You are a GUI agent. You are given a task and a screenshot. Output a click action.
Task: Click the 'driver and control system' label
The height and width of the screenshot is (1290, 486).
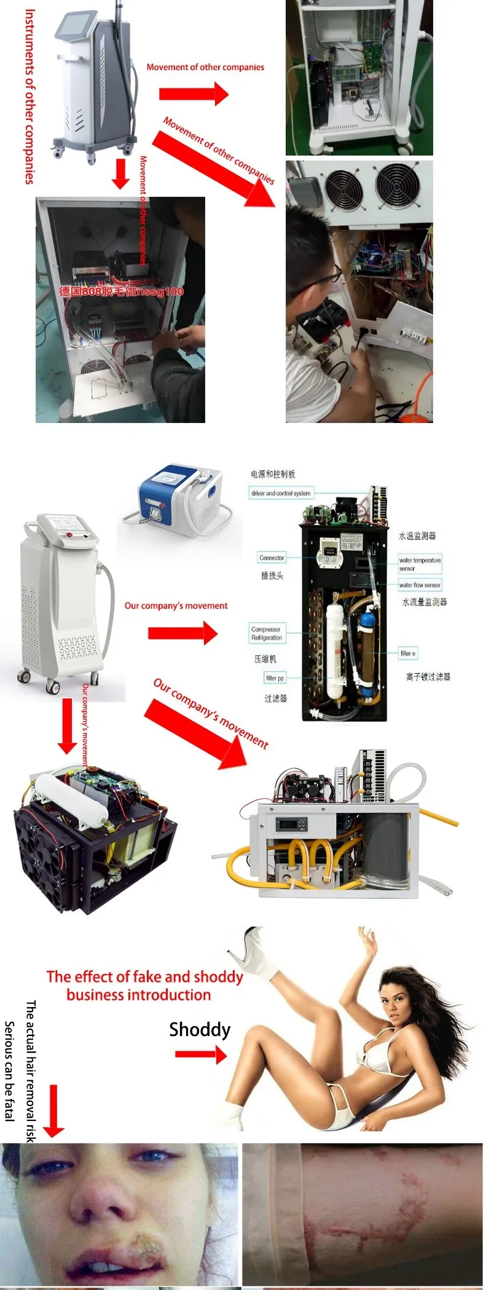[281, 493]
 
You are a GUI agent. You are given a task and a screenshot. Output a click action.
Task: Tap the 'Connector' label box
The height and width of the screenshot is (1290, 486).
[272, 558]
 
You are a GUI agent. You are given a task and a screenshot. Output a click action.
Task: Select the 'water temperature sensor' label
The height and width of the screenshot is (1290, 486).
[420, 564]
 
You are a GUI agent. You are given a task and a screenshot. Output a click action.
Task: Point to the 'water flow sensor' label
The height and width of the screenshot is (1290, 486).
[420, 585]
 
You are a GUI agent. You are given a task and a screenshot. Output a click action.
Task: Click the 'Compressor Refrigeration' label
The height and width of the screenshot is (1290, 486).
[266, 633]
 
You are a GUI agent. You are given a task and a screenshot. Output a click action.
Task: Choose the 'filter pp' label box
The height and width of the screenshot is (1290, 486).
[275, 678]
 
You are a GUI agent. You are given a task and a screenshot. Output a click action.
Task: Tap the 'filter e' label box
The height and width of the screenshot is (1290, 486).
[408, 653]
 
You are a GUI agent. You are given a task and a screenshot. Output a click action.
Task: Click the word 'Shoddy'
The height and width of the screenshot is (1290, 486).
[200, 1029]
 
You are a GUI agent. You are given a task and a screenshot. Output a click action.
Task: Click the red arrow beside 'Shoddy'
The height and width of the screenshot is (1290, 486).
[200, 1055]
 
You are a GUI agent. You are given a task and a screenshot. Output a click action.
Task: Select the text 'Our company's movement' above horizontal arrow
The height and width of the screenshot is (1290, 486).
[176, 606]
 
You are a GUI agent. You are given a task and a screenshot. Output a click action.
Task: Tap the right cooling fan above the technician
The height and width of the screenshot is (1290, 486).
[398, 185]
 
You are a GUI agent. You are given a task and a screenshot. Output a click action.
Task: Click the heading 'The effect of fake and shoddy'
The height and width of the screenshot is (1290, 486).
[144, 976]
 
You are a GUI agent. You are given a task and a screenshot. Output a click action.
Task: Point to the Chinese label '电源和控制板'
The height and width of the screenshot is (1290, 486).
[273, 474]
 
